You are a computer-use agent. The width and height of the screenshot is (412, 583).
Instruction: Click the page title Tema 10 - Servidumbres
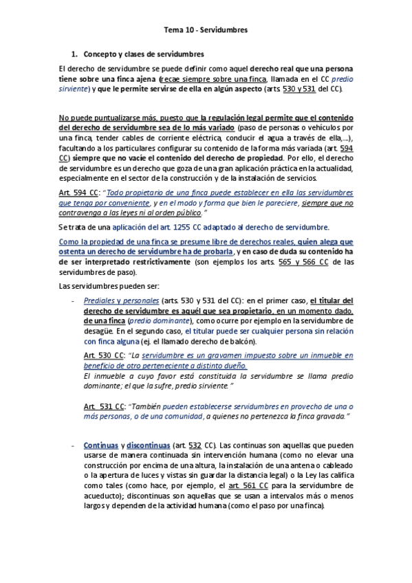pos(206,30)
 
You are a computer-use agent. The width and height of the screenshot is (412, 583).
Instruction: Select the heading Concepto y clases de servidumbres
pos(143,54)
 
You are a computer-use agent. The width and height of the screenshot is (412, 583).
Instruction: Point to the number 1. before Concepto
pos(75,54)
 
